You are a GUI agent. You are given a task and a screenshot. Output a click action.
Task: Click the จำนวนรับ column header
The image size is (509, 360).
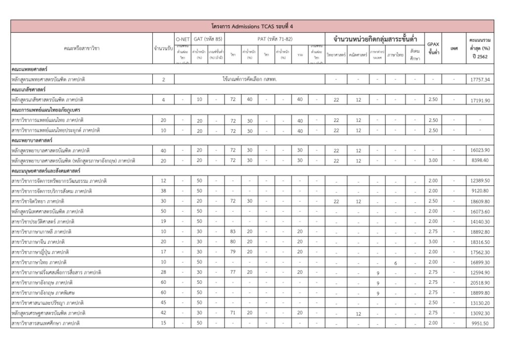coord(164,48)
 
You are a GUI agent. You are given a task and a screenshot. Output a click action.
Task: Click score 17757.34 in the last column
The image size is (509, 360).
coord(480,80)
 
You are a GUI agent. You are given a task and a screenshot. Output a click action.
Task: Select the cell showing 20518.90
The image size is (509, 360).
coord(480,282)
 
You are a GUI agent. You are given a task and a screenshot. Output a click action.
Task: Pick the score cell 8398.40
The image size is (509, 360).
coord(480,161)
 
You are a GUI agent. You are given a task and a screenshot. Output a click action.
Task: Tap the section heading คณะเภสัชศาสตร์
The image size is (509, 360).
coord(29,90)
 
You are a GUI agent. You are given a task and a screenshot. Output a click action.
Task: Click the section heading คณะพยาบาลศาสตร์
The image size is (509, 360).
coord(31,140)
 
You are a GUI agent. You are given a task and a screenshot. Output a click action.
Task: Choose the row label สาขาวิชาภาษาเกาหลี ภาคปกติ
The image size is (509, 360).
coord(41,231)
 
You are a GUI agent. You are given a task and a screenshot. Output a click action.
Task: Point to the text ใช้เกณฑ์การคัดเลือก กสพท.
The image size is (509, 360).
coord(250,79)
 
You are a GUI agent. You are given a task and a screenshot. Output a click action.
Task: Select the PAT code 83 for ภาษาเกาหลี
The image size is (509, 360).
coord(233,231)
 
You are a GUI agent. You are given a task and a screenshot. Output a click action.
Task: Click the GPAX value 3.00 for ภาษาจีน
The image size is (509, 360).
coord(433,242)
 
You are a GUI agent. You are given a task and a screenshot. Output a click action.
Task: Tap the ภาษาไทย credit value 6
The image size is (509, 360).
coord(396,263)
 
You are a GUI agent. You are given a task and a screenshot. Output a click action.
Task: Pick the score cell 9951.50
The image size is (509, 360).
coord(480,323)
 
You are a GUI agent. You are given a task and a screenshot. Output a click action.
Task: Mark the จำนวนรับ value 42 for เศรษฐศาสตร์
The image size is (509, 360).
coord(164,313)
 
